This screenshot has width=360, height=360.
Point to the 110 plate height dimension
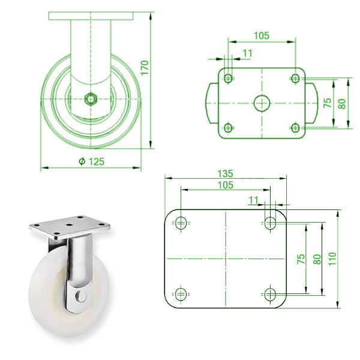click(x=332, y=258)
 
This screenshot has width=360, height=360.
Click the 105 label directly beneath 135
click(x=224, y=185)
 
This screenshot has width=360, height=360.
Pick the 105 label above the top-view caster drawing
click(x=261, y=35)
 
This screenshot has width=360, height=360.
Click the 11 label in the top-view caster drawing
click(x=248, y=53)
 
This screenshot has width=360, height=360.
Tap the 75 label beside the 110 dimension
click(x=301, y=259)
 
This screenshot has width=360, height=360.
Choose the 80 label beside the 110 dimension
click(x=317, y=259)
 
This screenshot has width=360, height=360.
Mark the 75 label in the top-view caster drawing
click(x=328, y=103)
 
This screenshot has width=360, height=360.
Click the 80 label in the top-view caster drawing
click(x=342, y=103)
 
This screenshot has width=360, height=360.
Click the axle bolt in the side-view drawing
click(x=91, y=98)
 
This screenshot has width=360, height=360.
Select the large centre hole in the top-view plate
click(x=261, y=103)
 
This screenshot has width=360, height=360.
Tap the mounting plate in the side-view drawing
click(x=91, y=15)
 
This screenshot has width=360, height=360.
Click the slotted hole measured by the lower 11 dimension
click(x=271, y=223)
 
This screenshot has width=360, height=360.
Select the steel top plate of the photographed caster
click(x=70, y=227)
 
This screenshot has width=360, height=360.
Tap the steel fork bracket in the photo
click(x=78, y=270)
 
